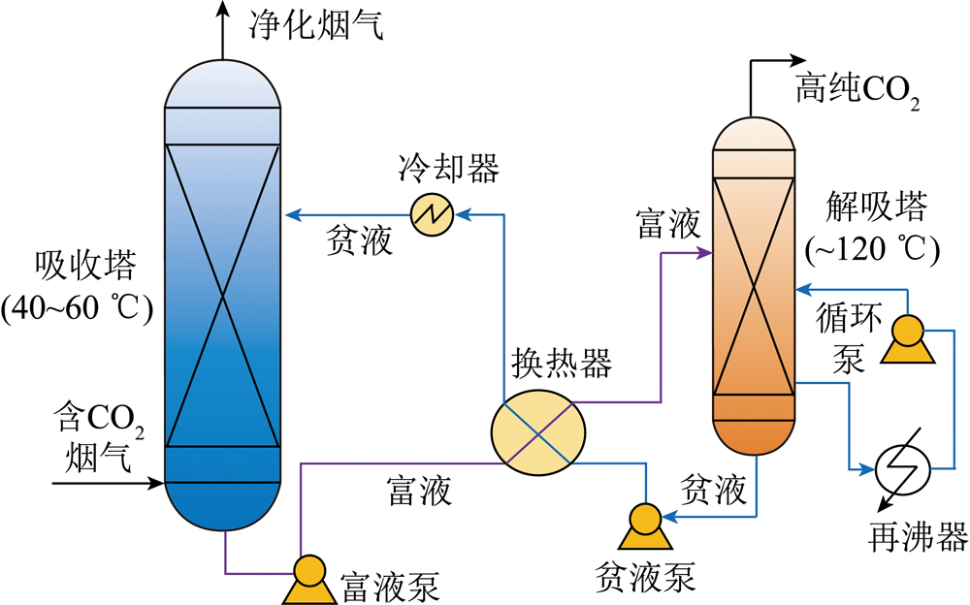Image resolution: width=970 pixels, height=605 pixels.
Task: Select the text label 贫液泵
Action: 645,578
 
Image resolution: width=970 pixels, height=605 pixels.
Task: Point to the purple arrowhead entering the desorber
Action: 704,254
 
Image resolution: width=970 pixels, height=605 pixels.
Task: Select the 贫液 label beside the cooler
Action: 359,242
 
